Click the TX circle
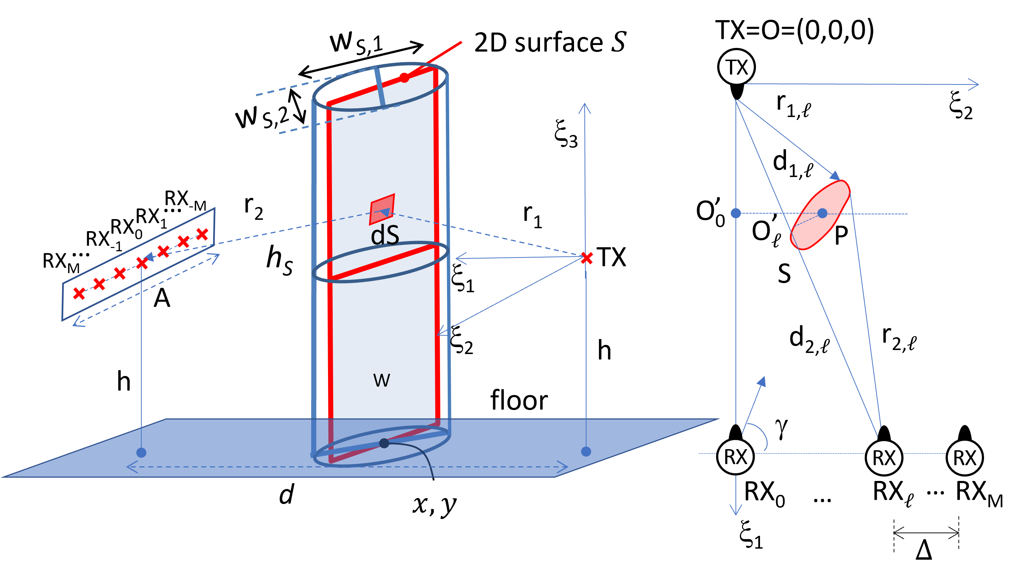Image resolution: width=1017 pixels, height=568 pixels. tap(736, 67)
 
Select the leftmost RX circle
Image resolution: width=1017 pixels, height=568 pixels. tap(735, 457)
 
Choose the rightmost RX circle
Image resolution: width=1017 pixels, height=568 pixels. tap(965, 458)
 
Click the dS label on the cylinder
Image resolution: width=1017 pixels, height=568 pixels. tap(385, 235)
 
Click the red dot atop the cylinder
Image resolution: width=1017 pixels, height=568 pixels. tap(404, 78)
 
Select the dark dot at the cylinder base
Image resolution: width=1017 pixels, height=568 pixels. tap(384, 443)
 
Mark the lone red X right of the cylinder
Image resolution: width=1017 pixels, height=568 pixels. tap(587, 258)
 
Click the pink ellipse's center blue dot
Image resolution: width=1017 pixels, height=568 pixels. tap(822, 213)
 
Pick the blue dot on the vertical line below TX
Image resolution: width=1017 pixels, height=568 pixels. tap(736, 213)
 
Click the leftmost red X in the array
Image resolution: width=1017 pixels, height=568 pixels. tap(79, 293)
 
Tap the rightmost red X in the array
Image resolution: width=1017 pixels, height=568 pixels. tap(202, 234)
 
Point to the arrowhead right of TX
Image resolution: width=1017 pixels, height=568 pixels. tap(975, 84)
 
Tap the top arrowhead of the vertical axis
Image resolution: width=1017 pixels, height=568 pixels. tap(585, 107)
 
